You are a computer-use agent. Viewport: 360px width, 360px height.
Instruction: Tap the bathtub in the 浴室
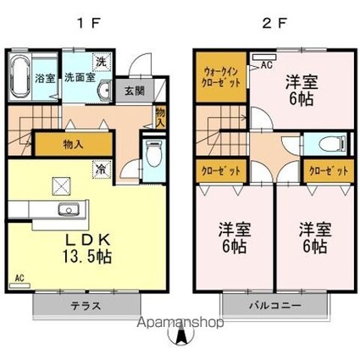22,77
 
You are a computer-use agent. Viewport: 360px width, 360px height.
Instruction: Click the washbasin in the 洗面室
104,91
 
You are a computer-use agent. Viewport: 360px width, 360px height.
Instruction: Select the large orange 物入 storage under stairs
73,145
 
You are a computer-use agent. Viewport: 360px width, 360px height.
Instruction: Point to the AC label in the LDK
19,277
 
